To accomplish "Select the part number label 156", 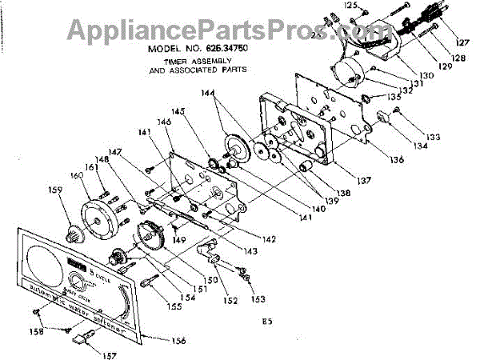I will [178, 342].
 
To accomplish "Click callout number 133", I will [433, 137].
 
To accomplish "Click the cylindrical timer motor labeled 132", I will [349, 70].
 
